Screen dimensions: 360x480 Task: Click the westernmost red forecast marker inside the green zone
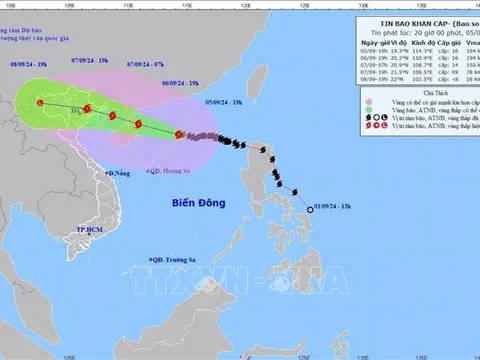41,101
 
